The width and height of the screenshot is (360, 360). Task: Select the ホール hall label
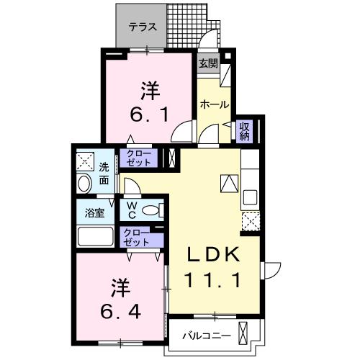coord(214,104)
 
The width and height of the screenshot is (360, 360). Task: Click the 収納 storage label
coord(244,130)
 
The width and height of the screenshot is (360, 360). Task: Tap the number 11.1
coord(213,281)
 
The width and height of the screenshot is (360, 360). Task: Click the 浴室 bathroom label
coord(94,213)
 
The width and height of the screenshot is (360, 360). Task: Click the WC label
coord(132,210)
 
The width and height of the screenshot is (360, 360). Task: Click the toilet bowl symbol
coord(151,210)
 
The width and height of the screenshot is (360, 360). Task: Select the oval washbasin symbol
coord(84,184)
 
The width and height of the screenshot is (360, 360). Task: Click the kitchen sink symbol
coord(251,197)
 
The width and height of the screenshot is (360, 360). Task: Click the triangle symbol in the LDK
coord(229,184)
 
